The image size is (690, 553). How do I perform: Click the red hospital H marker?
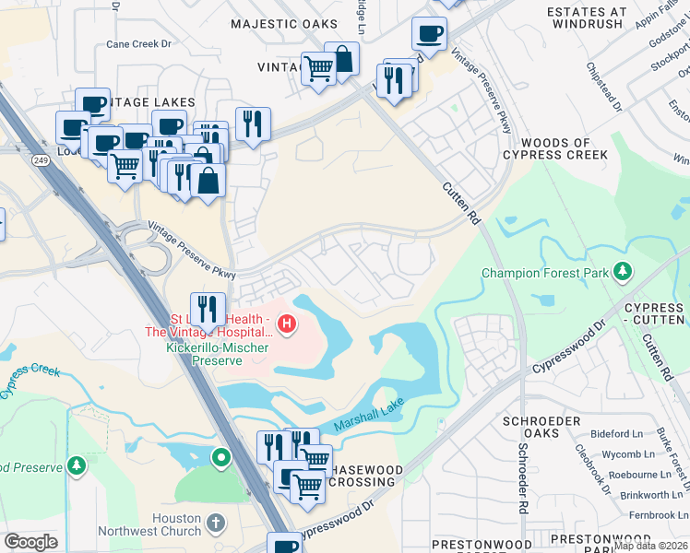coord(288,324)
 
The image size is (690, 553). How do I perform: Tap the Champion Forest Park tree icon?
coord(625,271)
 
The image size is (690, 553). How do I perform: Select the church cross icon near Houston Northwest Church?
coord(215,524)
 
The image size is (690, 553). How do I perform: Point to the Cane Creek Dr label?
coord(138,43)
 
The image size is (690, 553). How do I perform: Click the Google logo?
coord(30,542)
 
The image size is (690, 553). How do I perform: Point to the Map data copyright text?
coord(651,546)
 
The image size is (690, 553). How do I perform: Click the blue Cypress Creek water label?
coord(30,381)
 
